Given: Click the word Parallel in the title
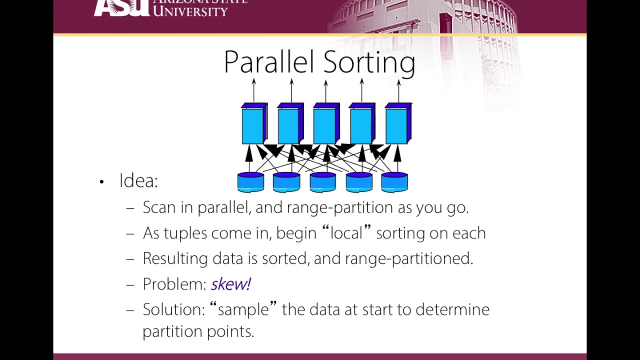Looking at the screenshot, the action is click(269, 62).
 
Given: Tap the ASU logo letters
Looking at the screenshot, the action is click(121, 8).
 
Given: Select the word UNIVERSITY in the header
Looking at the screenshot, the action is click(190, 11).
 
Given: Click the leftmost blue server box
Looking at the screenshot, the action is click(254, 123).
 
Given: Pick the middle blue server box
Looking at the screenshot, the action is click(326, 123).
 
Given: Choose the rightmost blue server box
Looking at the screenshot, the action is click(398, 123).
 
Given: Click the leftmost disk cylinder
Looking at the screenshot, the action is click(250, 182).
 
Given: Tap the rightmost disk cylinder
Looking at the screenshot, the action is click(394, 182).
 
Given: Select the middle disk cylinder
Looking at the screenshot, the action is click(323, 182).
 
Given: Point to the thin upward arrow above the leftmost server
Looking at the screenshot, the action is click(253, 90).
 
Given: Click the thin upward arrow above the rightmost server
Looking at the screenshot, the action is click(399, 90).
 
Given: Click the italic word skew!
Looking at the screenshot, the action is click(231, 284).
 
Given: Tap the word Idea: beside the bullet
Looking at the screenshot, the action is click(138, 180).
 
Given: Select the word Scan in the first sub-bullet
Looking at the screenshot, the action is click(159, 207).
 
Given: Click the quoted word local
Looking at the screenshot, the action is click(346, 233).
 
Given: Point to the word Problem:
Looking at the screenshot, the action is click(174, 284).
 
